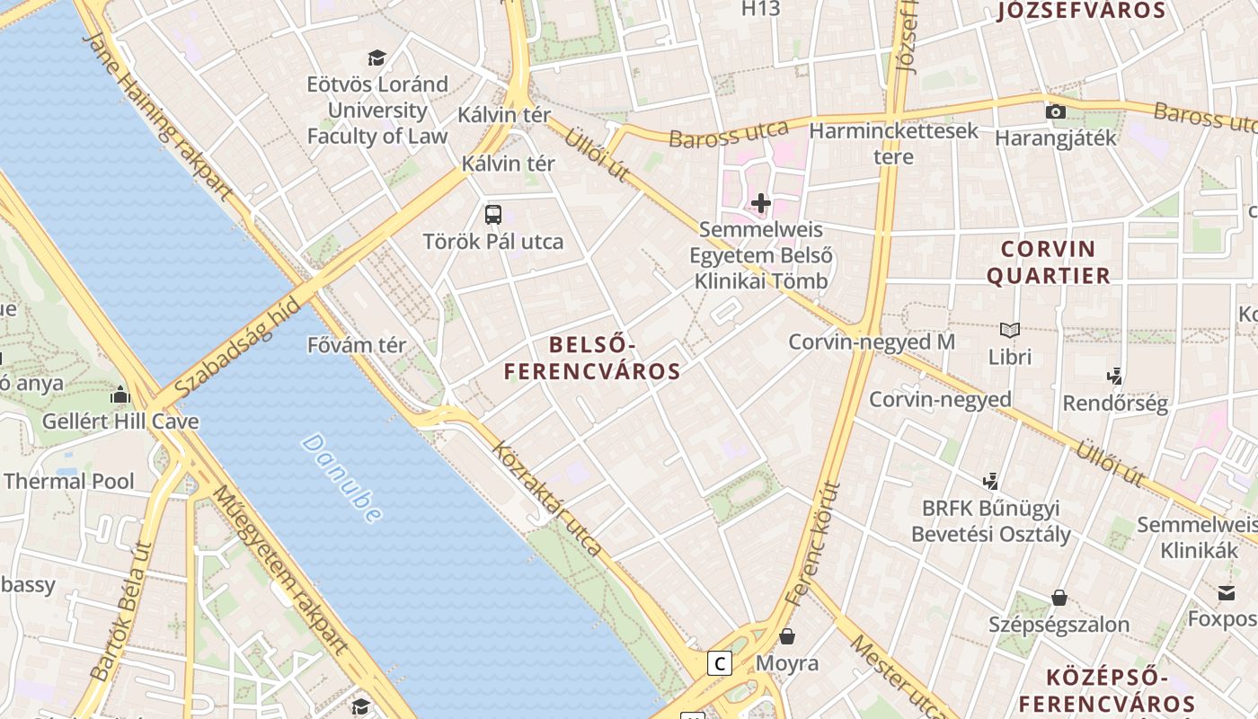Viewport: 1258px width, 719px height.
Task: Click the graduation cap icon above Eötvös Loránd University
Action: tap(377, 58)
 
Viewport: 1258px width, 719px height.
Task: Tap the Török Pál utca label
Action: tap(493, 241)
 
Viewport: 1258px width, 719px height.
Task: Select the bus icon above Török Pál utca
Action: tap(493, 214)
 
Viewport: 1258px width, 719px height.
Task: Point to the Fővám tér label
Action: tap(357, 345)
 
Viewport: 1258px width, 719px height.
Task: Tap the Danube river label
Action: tap(341, 478)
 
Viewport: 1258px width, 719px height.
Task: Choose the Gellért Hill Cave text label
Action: tap(120, 421)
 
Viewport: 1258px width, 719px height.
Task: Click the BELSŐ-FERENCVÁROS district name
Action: tap(591, 358)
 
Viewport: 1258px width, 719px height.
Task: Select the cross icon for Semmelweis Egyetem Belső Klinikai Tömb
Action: tap(761, 203)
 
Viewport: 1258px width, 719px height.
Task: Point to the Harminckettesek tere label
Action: tap(893, 144)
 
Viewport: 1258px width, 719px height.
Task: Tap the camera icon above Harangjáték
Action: tap(1056, 112)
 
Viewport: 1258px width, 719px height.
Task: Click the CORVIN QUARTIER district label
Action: tap(1049, 262)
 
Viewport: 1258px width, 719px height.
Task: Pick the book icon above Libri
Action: tap(1010, 331)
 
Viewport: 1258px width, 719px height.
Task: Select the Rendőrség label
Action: tap(1115, 403)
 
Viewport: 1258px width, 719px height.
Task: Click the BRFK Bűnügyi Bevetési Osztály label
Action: tap(991, 521)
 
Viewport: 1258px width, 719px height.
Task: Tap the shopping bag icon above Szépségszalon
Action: tap(1059, 598)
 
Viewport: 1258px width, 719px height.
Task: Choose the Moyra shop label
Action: tap(787, 663)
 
